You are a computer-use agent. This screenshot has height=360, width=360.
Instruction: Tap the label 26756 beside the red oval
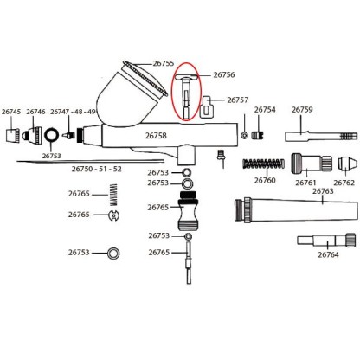point(224,75)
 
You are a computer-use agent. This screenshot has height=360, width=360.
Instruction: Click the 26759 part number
point(302,110)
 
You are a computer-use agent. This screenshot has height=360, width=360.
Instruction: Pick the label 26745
point(12,112)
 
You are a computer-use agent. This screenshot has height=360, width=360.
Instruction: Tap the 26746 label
point(36,112)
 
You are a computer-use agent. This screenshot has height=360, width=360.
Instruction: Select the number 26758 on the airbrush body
point(155,136)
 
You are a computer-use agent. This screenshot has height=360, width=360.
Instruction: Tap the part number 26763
point(322,191)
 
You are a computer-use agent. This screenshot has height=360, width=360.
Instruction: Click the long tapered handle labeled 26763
point(294,211)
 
